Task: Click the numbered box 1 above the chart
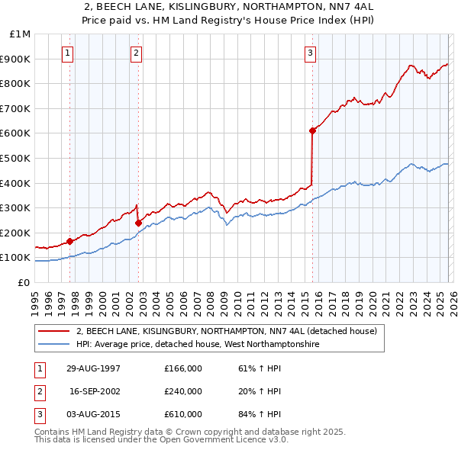(x=69, y=53)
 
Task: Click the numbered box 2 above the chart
(x=136, y=53)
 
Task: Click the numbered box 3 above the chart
(x=311, y=53)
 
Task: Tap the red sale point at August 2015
(x=312, y=130)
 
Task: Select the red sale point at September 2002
(x=138, y=223)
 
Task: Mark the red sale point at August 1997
(x=70, y=241)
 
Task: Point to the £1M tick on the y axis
(x=21, y=34)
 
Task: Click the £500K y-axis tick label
(x=17, y=158)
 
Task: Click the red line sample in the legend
(x=54, y=332)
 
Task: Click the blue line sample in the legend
(x=54, y=345)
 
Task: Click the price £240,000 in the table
(x=183, y=391)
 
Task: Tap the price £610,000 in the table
(x=183, y=414)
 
